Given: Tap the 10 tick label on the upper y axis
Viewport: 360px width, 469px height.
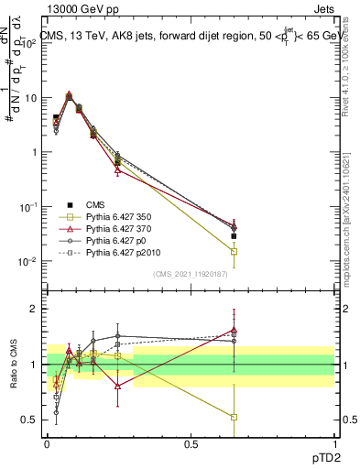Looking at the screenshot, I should [30, 98].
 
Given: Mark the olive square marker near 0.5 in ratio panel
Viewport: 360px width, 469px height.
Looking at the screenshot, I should [235, 417].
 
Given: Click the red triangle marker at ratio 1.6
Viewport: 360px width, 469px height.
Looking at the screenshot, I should [235, 330].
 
